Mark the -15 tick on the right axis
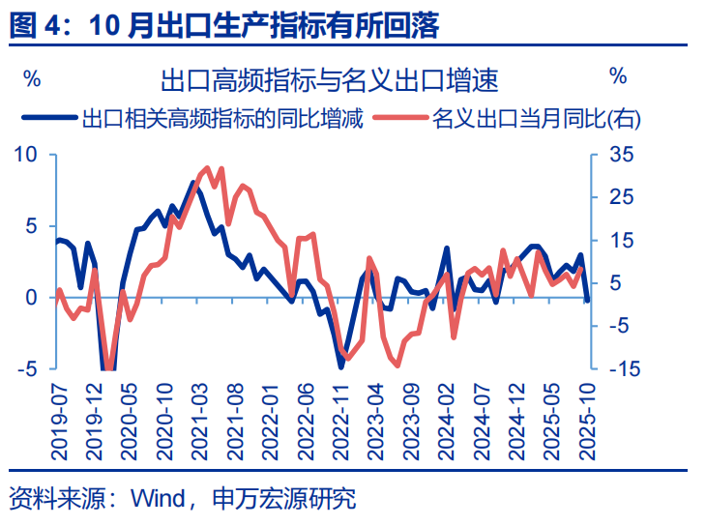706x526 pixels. tap(621, 368)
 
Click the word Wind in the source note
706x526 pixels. tap(157, 499)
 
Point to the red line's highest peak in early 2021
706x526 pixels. tap(210, 167)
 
